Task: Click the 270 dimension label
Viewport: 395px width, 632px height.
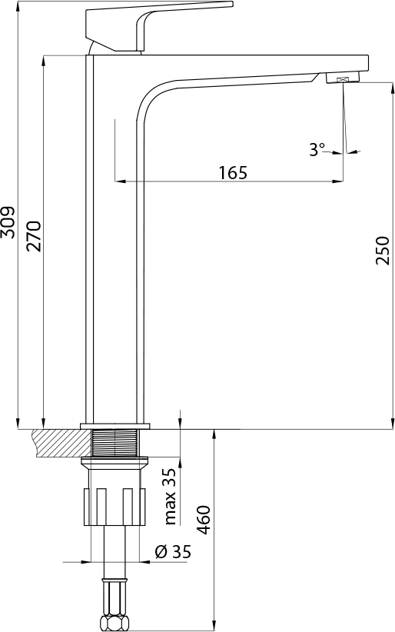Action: (33, 236)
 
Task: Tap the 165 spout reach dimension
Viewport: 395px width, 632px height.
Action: (232, 172)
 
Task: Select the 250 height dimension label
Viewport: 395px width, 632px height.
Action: (382, 251)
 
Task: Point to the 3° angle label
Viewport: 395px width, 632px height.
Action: (317, 150)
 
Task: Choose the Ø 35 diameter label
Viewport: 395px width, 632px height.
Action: (172, 551)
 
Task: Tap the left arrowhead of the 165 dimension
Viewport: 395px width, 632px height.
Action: (118, 181)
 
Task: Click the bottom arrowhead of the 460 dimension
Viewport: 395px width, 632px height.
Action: (214, 624)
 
